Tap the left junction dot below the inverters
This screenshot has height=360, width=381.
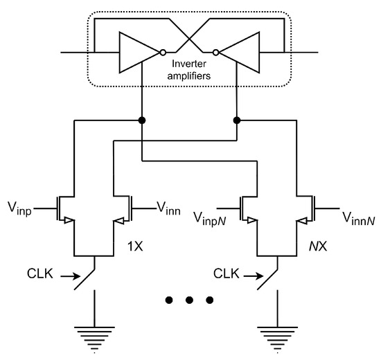142,120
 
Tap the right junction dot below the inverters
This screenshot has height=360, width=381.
236,120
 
